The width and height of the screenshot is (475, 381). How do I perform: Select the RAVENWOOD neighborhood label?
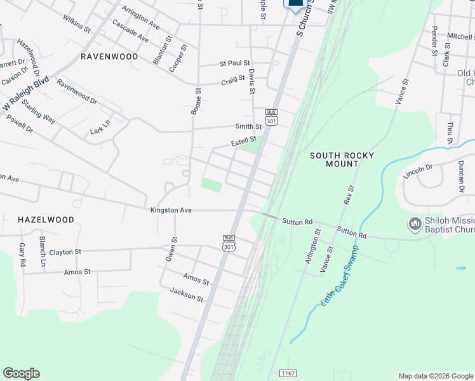click(110, 57)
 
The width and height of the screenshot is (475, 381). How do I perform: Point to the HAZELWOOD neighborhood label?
click(46, 219)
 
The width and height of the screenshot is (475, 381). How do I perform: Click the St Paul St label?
click(234, 63)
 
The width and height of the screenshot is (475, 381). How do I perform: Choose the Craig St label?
click(233, 81)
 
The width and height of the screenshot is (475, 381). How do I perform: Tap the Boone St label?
click(196, 102)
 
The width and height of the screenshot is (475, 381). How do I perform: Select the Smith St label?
click(248, 127)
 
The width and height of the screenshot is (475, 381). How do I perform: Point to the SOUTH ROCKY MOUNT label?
click(342, 159)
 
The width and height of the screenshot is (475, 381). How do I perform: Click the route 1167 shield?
click(288, 372)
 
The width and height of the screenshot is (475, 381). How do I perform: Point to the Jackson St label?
click(187, 295)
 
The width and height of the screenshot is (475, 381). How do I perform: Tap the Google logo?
click(22, 373)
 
